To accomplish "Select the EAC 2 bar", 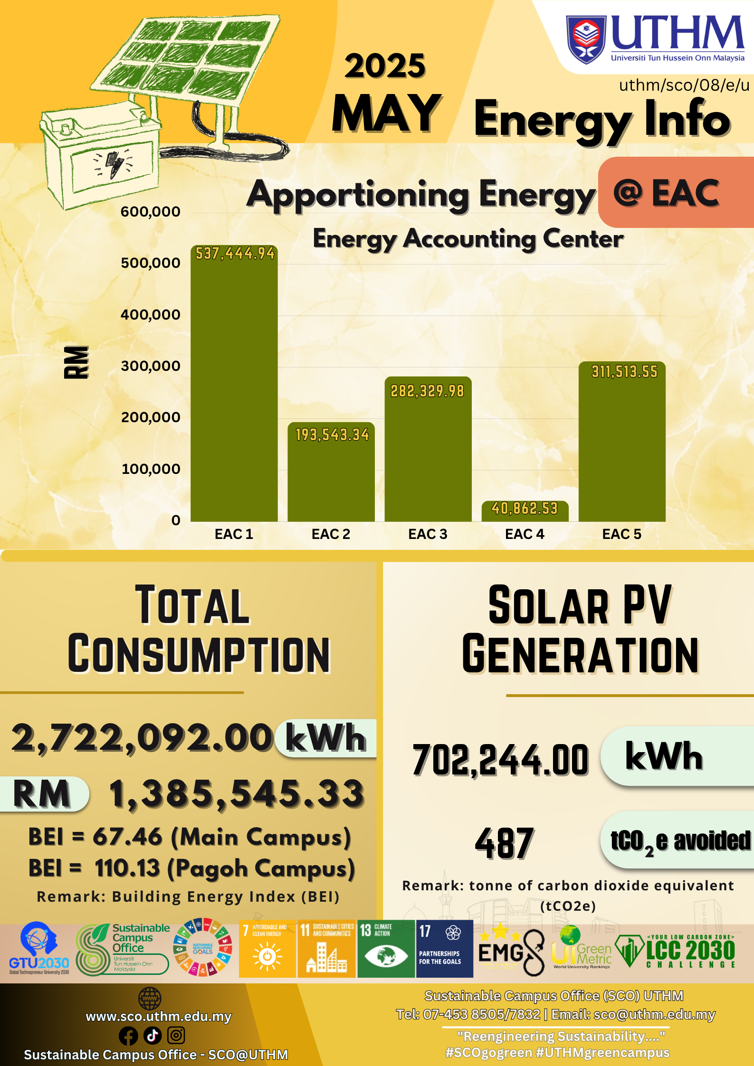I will click(x=331, y=475).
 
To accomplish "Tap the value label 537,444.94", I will click(x=235, y=254).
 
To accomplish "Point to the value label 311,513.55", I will click(x=624, y=371).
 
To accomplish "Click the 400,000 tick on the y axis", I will click(x=151, y=314).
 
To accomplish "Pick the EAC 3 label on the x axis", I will click(x=428, y=534).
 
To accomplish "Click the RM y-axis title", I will click(x=76, y=362).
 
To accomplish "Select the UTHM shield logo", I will click(x=586, y=39).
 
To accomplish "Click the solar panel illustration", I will click(x=190, y=57).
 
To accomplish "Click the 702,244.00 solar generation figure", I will click(x=500, y=760).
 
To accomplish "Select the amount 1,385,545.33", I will click(x=237, y=794).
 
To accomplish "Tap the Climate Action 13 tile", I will click(x=386, y=949).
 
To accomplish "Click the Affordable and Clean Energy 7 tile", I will click(x=267, y=949).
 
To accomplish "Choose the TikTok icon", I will click(x=153, y=1035).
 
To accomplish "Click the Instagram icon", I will click(x=176, y=1035).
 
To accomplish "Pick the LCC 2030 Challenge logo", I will click(x=676, y=951).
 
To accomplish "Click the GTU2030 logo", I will click(x=39, y=949).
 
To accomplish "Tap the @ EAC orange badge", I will click(x=675, y=193).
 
